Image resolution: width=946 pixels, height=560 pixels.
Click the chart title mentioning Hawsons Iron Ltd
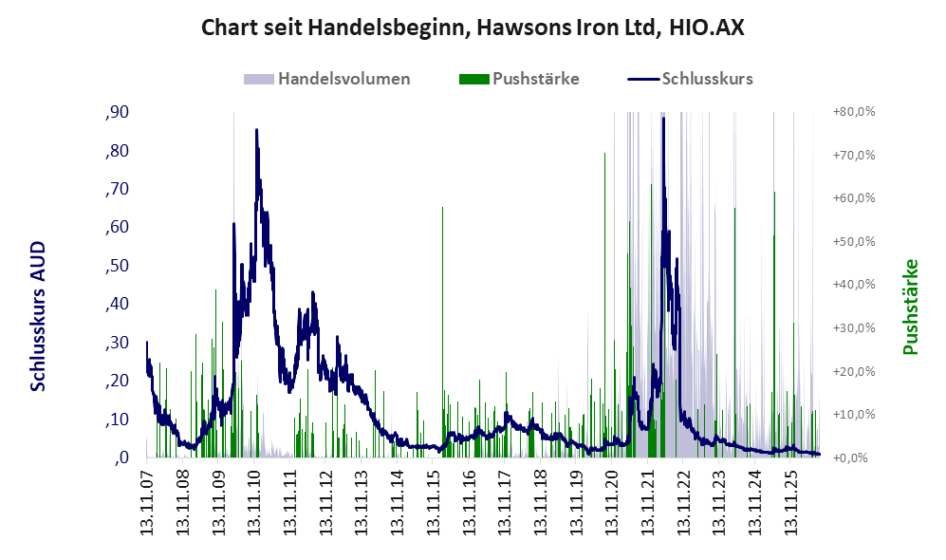473,28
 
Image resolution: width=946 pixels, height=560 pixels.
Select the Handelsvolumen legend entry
327,79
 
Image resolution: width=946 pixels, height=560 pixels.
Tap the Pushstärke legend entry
519,79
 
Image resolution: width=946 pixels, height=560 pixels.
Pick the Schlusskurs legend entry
690,79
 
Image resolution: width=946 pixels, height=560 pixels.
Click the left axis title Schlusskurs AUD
38,316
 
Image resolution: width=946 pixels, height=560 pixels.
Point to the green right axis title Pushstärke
910,308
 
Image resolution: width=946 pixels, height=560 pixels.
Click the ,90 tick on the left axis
118,112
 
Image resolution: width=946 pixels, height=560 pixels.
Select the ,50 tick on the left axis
118,266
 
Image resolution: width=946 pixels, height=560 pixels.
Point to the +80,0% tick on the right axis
854,112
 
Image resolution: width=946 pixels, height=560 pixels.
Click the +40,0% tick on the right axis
854,285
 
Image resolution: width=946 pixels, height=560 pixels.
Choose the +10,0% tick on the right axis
854,415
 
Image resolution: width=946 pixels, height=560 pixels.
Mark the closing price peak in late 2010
256,130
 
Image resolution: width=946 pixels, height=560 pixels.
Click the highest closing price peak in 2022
663,119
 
